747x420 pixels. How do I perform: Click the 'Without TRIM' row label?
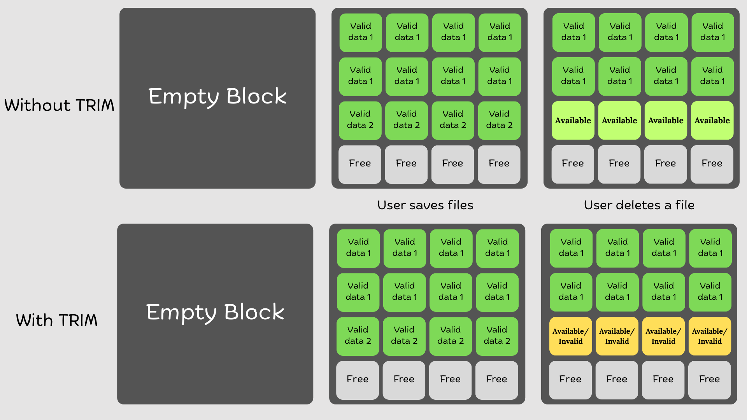click(59, 105)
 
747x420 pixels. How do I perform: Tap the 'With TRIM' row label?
click(57, 320)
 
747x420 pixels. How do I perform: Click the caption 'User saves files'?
click(425, 205)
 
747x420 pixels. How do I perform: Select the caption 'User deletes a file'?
click(639, 205)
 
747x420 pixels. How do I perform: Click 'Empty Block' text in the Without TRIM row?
click(217, 96)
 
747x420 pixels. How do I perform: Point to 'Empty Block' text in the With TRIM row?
click(215, 312)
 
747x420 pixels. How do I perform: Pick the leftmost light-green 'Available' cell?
click(573, 121)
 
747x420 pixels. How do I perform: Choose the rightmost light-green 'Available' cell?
click(712, 121)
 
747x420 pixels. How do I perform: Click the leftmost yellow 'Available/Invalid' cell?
click(570, 336)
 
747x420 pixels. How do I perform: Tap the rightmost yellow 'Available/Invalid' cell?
click(710, 336)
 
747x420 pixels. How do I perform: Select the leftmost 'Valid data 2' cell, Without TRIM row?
click(360, 120)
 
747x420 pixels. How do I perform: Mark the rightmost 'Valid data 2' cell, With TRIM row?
click(497, 336)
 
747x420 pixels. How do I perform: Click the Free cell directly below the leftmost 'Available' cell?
click(573, 163)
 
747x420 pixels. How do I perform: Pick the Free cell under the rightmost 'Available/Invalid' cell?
click(709, 379)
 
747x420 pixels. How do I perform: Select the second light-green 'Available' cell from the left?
click(619, 121)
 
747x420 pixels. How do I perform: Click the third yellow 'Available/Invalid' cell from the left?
click(663, 336)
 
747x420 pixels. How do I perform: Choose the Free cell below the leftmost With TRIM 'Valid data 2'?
click(358, 379)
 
